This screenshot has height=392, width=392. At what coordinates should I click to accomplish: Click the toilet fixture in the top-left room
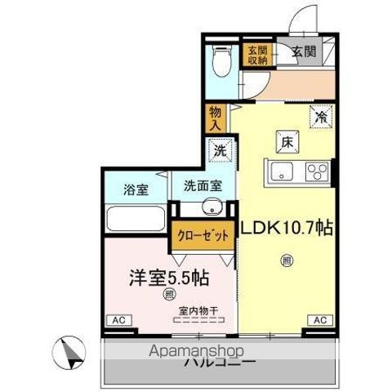pyautogui.click(x=221, y=60)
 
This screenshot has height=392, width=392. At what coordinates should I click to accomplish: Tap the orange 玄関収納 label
pyautogui.click(x=257, y=55)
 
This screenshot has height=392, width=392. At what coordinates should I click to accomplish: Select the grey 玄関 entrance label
pyautogui.click(x=303, y=53)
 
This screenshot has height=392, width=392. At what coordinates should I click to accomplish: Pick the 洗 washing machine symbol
pyautogui.click(x=218, y=150)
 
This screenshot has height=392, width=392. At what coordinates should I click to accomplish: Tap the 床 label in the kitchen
pyautogui.click(x=288, y=140)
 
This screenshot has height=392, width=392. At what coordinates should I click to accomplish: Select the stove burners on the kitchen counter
pyautogui.click(x=315, y=171)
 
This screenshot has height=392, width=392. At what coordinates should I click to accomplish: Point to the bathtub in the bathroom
pyautogui.click(x=135, y=220)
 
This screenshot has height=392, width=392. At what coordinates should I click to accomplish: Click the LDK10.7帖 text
pyautogui.click(x=286, y=229)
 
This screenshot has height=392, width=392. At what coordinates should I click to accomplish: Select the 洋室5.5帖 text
pyautogui.click(x=167, y=278)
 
